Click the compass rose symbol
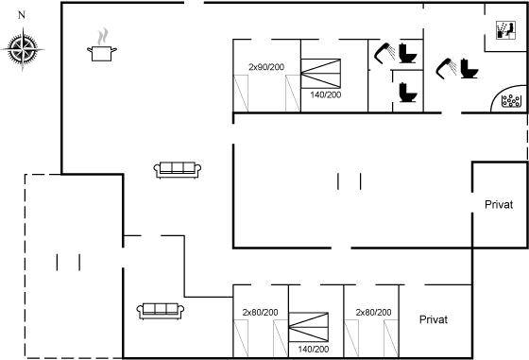[x=23, y=49]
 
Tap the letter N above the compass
[x=22, y=15]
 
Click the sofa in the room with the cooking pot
[x=178, y=170]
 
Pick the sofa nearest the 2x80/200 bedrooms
[x=161, y=311]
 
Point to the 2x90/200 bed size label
[x=266, y=67]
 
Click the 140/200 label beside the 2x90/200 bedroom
[x=326, y=94]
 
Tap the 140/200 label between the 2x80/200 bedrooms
[x=314, y=349]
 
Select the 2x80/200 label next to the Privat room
[x=373, y=313]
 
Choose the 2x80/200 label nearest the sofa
[x=260, y=313]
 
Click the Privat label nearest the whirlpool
[x=499, y=204]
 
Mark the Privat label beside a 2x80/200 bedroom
[x=434, y=319]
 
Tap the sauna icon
[x=506, y=30]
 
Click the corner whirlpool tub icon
[x=511, y=100]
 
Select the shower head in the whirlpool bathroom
[x=446, y=67]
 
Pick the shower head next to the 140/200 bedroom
[x=384, y=52]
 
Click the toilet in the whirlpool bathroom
[x=469, y=68]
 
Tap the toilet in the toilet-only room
[x=408, y=92]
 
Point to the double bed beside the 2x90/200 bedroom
[x=320, y=74]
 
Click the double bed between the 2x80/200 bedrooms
[x=308, y=327]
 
